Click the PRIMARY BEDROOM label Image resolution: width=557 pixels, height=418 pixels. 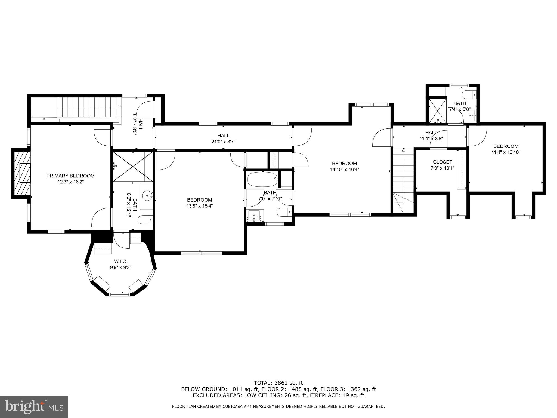click(70, 176)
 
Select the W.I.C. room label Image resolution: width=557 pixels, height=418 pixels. click(120, 262)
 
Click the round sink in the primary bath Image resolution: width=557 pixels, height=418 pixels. click(147, 195)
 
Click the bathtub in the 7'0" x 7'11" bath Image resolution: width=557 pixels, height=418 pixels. click(262, 179)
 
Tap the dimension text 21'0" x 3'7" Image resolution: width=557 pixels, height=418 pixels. click(223, 142)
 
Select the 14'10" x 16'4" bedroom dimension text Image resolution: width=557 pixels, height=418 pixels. click(344, 169)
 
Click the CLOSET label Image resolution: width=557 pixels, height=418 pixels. click(442, 162)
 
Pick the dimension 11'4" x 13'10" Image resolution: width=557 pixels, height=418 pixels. click(506, 152)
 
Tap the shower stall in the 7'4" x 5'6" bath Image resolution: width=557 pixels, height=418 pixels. click(438, 111)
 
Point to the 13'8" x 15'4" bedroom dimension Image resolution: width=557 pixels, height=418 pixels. click(199, 206)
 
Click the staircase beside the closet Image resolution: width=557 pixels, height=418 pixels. click(403, 174)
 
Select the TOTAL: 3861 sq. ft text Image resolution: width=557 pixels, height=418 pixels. click(278, 383)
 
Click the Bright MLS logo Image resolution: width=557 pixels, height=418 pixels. click(34, 407)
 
